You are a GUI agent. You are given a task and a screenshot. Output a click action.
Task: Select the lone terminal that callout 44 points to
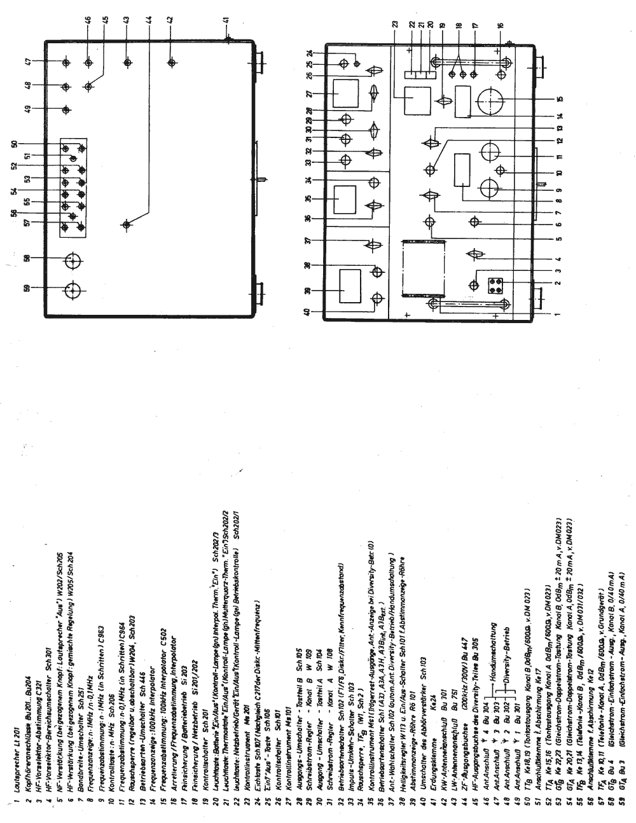[x=127, y=225]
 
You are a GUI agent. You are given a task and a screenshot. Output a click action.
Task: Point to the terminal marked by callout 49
[x=66, y=109]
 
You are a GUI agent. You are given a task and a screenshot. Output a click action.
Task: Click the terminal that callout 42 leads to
[x=171, y=62]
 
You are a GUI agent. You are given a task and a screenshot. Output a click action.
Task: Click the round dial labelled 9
[x=490, y=188]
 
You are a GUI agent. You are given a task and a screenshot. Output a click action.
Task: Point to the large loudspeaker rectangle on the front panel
[x=422, y=268]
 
